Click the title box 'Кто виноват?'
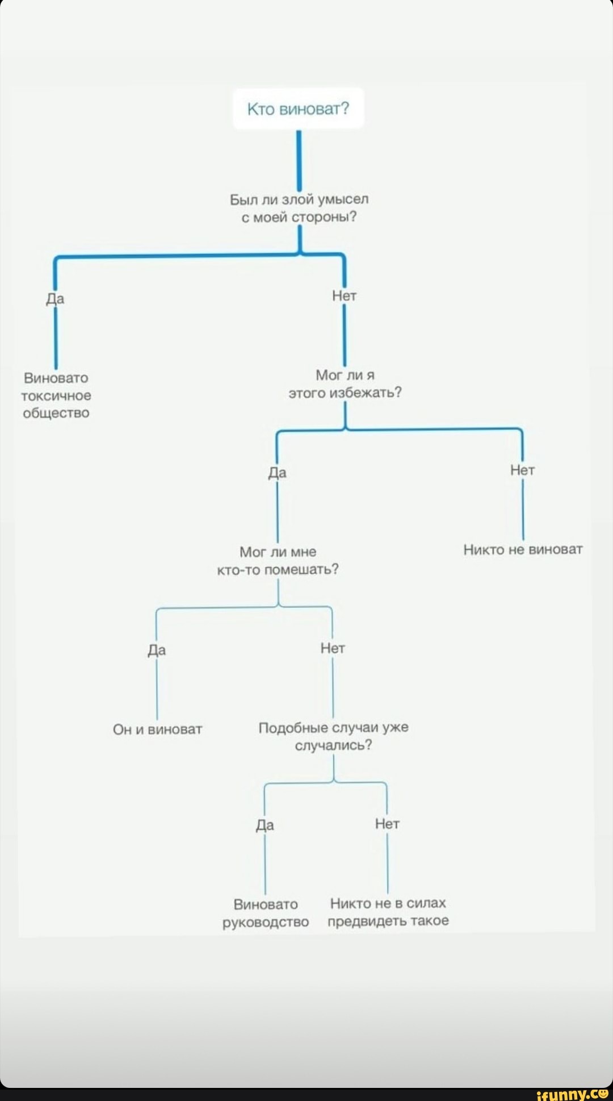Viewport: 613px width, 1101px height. [x=298, y=109]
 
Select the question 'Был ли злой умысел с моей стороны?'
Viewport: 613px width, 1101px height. [x=299, y=208]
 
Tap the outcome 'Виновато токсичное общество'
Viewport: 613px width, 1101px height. [x=56, y=395]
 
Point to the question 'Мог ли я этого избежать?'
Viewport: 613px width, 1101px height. [x=345, y=384]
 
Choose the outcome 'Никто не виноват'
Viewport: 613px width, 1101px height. [x=523, y=549]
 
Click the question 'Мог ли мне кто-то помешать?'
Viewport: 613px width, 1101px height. [x=278, y=561]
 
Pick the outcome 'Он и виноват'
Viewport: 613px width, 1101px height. [x=157, y=729]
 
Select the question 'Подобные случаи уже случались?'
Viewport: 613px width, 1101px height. [x=333, y=736]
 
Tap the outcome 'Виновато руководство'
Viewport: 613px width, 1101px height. [x=266, y=913]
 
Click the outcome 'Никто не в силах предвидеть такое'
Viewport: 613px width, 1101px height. [x=388, y=912]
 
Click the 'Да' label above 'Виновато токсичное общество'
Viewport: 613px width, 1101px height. [x=55, y=299]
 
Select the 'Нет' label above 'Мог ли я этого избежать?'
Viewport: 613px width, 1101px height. [x=344, y=296]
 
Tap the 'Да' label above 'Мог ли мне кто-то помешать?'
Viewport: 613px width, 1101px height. [x=277, y=473]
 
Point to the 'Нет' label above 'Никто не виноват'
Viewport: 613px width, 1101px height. [x=522, y=470]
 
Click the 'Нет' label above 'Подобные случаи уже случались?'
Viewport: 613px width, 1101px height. [x=333, y=648]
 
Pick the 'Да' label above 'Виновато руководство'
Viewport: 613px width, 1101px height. [x=265, y=825]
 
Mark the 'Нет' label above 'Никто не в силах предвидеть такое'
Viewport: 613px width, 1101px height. [x=387, y=824]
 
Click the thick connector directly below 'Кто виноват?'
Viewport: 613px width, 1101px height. [x=299, y=159]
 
